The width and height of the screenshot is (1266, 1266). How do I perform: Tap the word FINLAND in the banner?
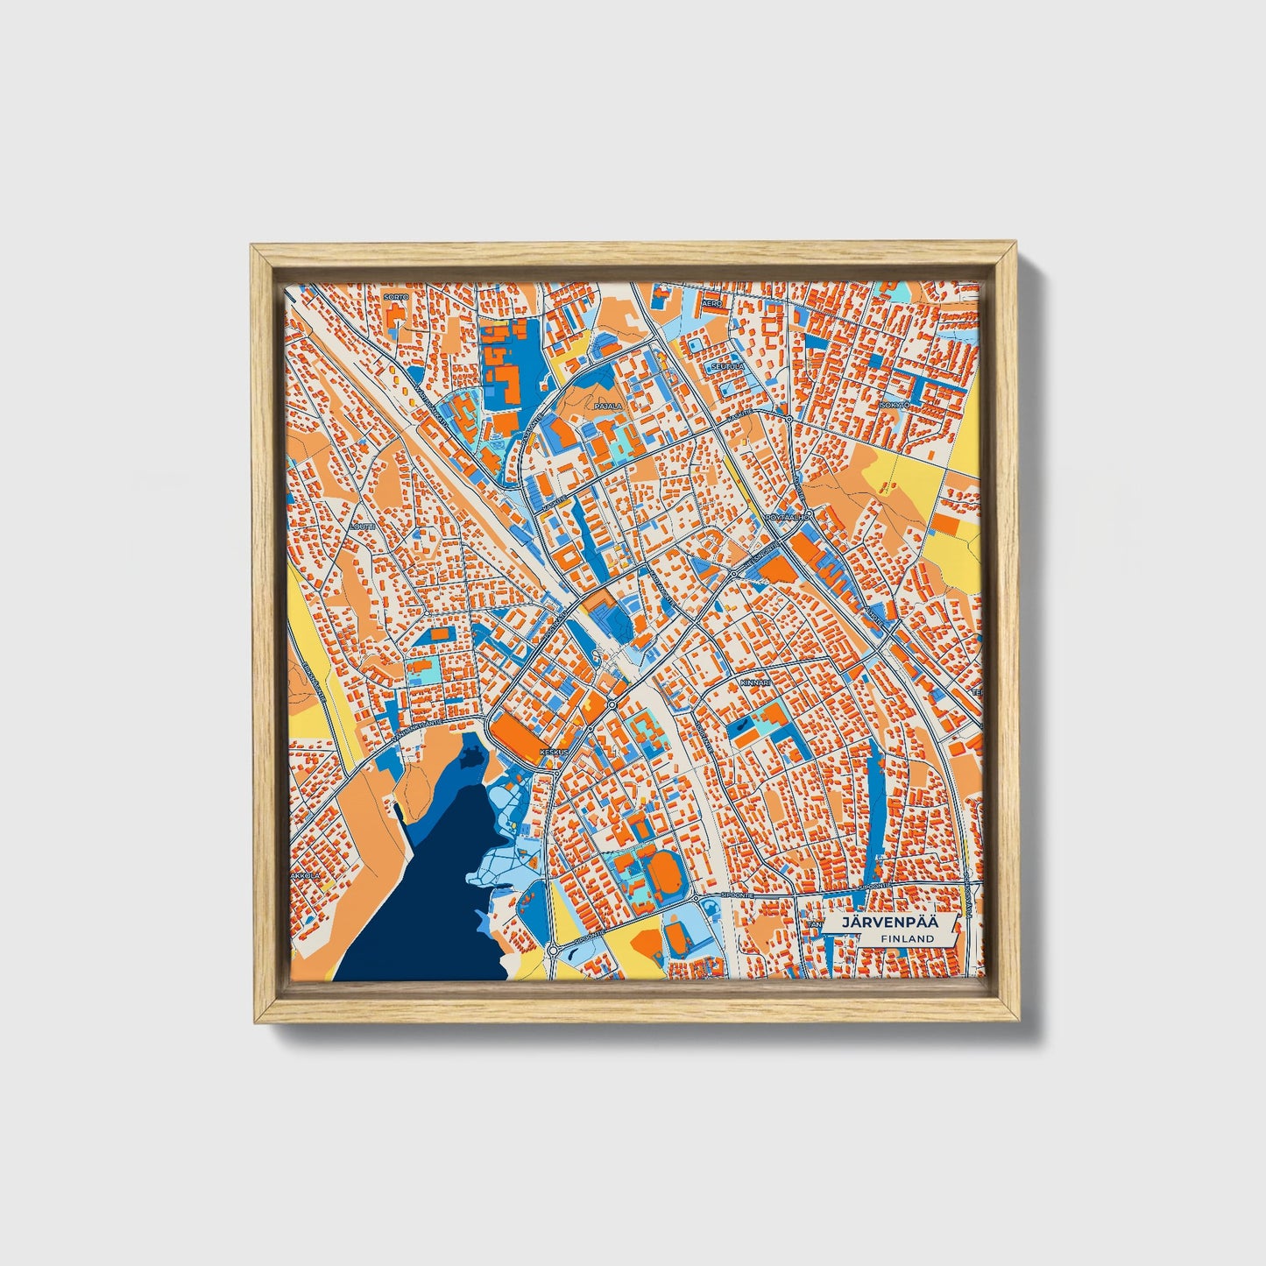coord(908,938)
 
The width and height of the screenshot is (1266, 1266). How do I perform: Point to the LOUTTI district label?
coord(361,527)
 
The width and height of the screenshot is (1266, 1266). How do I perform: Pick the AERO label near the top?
coord(711,303)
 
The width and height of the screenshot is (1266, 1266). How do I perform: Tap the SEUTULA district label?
coord(727,366)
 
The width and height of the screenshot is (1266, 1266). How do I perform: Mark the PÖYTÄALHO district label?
coord(788,517)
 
